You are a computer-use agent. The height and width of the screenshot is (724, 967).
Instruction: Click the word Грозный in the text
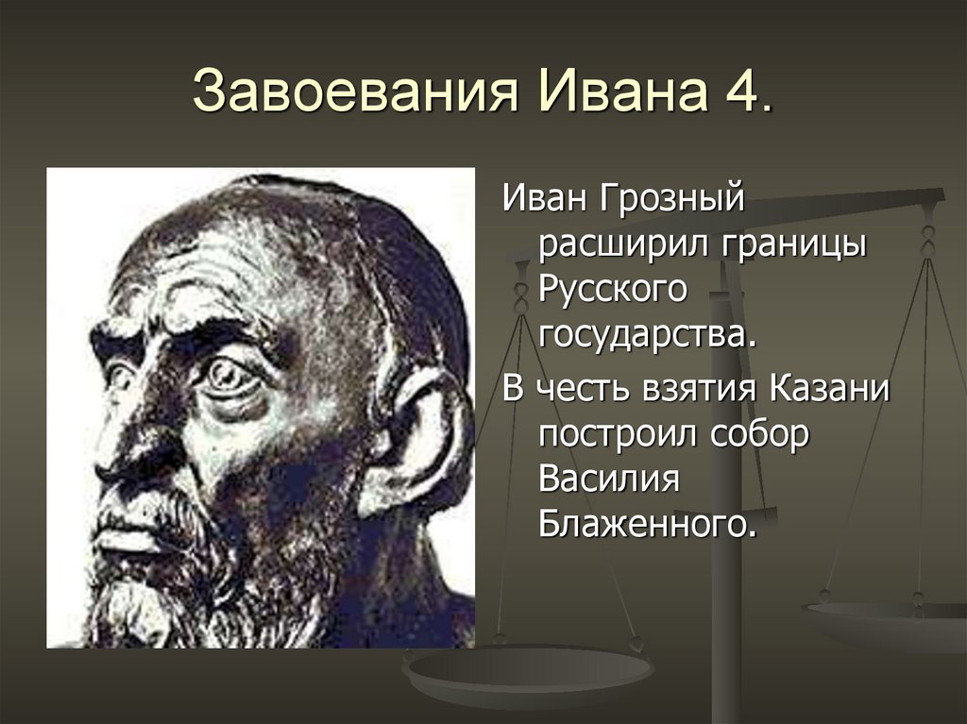pyautogui.click(x=675, y=200)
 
